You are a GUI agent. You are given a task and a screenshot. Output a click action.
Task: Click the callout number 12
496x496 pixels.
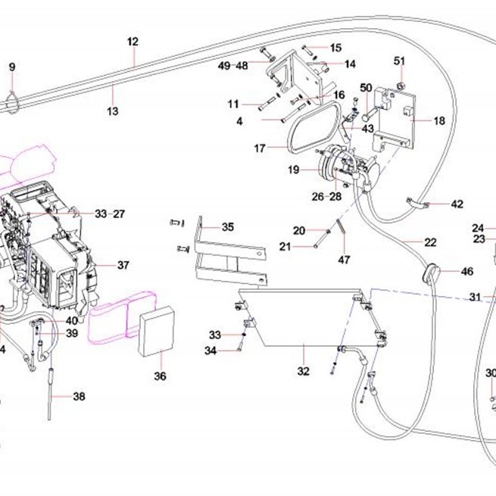tap(133, 42)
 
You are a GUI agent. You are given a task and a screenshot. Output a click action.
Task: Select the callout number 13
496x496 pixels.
tap(113, 111)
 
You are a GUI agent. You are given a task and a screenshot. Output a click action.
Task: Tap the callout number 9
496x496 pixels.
tap(12, 67)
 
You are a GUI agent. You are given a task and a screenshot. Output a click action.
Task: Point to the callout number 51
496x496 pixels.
tap(399, 61)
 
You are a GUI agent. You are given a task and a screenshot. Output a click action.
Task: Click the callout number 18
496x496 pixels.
tap(439, 120)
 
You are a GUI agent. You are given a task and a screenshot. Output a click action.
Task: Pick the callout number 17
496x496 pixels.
tap(260, 148)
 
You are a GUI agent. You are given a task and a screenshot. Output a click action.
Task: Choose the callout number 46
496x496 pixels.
tap(467, 271)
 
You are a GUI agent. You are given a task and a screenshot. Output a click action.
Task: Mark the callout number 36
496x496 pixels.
tap(160, 376)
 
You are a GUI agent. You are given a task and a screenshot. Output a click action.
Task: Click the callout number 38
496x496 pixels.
tap(79, 396)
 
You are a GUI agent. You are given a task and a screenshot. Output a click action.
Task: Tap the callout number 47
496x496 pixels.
tap(344, 260)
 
